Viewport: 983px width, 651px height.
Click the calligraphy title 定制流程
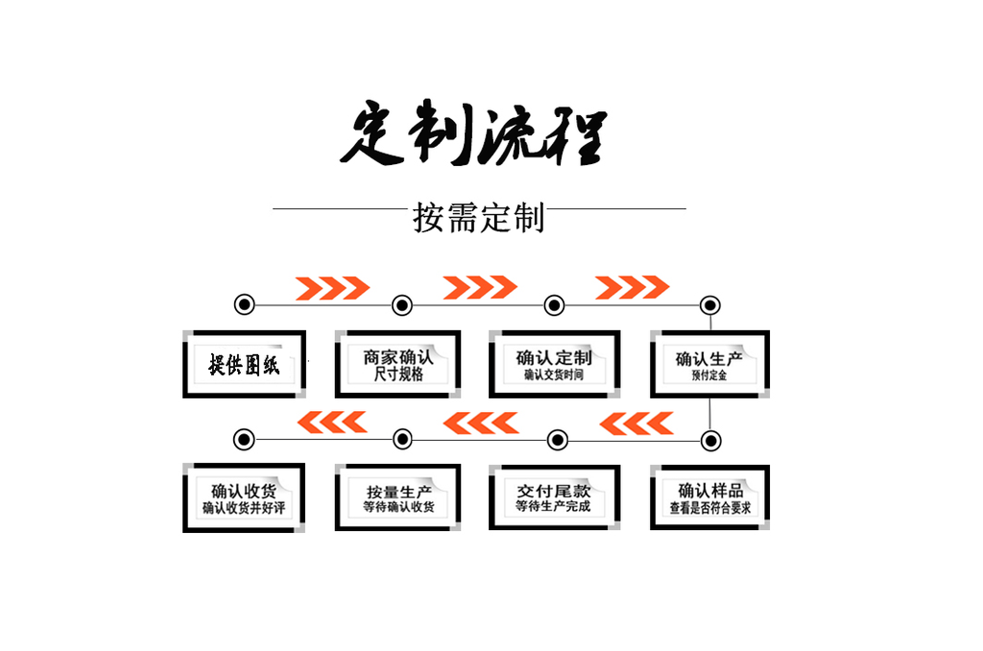474,134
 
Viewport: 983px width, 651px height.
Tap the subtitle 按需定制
479,218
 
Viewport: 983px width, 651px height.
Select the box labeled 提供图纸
244,364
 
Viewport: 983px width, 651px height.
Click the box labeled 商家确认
398,364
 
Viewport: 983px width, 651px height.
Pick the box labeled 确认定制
554,364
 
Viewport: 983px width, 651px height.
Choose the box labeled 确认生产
709,364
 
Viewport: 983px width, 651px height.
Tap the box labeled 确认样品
709,497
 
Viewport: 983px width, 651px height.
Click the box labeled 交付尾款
554,497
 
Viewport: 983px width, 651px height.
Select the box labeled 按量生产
398,497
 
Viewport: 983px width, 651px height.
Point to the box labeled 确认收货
244,497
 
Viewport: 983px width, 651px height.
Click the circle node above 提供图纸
245,305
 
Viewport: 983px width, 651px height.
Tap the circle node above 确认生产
709,305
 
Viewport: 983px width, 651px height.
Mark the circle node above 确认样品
710,440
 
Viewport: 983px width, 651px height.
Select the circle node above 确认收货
245,440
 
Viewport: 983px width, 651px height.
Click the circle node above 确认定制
554,305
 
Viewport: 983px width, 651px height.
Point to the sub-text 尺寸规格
398,375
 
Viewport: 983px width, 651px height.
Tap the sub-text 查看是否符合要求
709,508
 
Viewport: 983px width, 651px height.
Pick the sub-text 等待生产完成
553,506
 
